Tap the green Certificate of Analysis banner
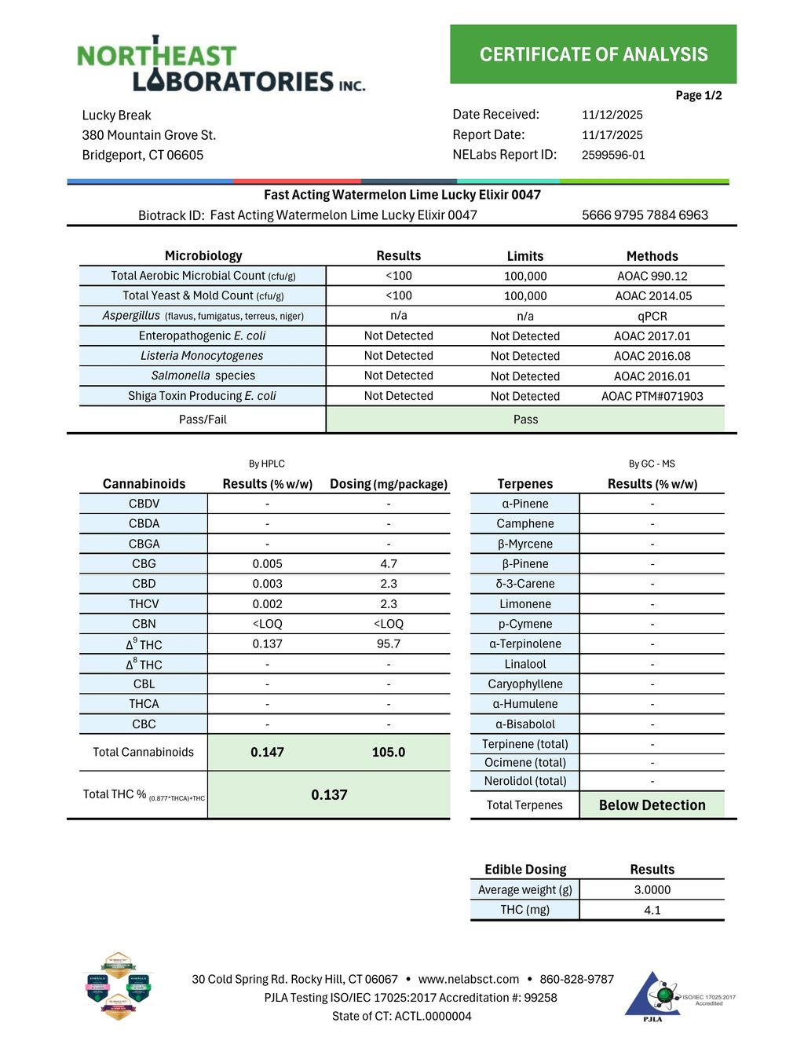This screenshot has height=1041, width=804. pos(593,54)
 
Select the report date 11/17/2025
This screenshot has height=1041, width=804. pos(612,135)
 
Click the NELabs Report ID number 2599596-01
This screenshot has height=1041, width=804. pos(613,155)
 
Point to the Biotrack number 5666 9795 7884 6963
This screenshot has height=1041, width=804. pos(645,215)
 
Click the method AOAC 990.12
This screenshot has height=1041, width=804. pos(652,276)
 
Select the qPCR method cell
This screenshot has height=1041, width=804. pos(652,316)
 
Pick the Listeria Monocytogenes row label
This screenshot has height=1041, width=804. pos(202,356)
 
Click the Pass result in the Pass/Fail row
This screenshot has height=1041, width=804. pos(525,420)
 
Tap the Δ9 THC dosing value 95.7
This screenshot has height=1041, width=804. pos(388,643)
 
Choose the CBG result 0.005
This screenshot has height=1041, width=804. pos(267,563)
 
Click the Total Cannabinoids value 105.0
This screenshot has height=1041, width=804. pos(388,752)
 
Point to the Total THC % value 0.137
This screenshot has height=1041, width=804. pos(329,794)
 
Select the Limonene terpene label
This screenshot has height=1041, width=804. pos(525,603)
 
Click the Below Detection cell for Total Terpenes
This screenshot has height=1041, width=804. pos(652,805)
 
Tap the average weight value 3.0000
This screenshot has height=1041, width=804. pos(652,889)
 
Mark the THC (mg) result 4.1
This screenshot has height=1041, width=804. pos(652,910)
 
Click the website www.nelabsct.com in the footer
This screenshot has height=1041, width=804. pos(468,979)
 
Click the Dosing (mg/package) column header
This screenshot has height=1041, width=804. pos(388,484)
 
